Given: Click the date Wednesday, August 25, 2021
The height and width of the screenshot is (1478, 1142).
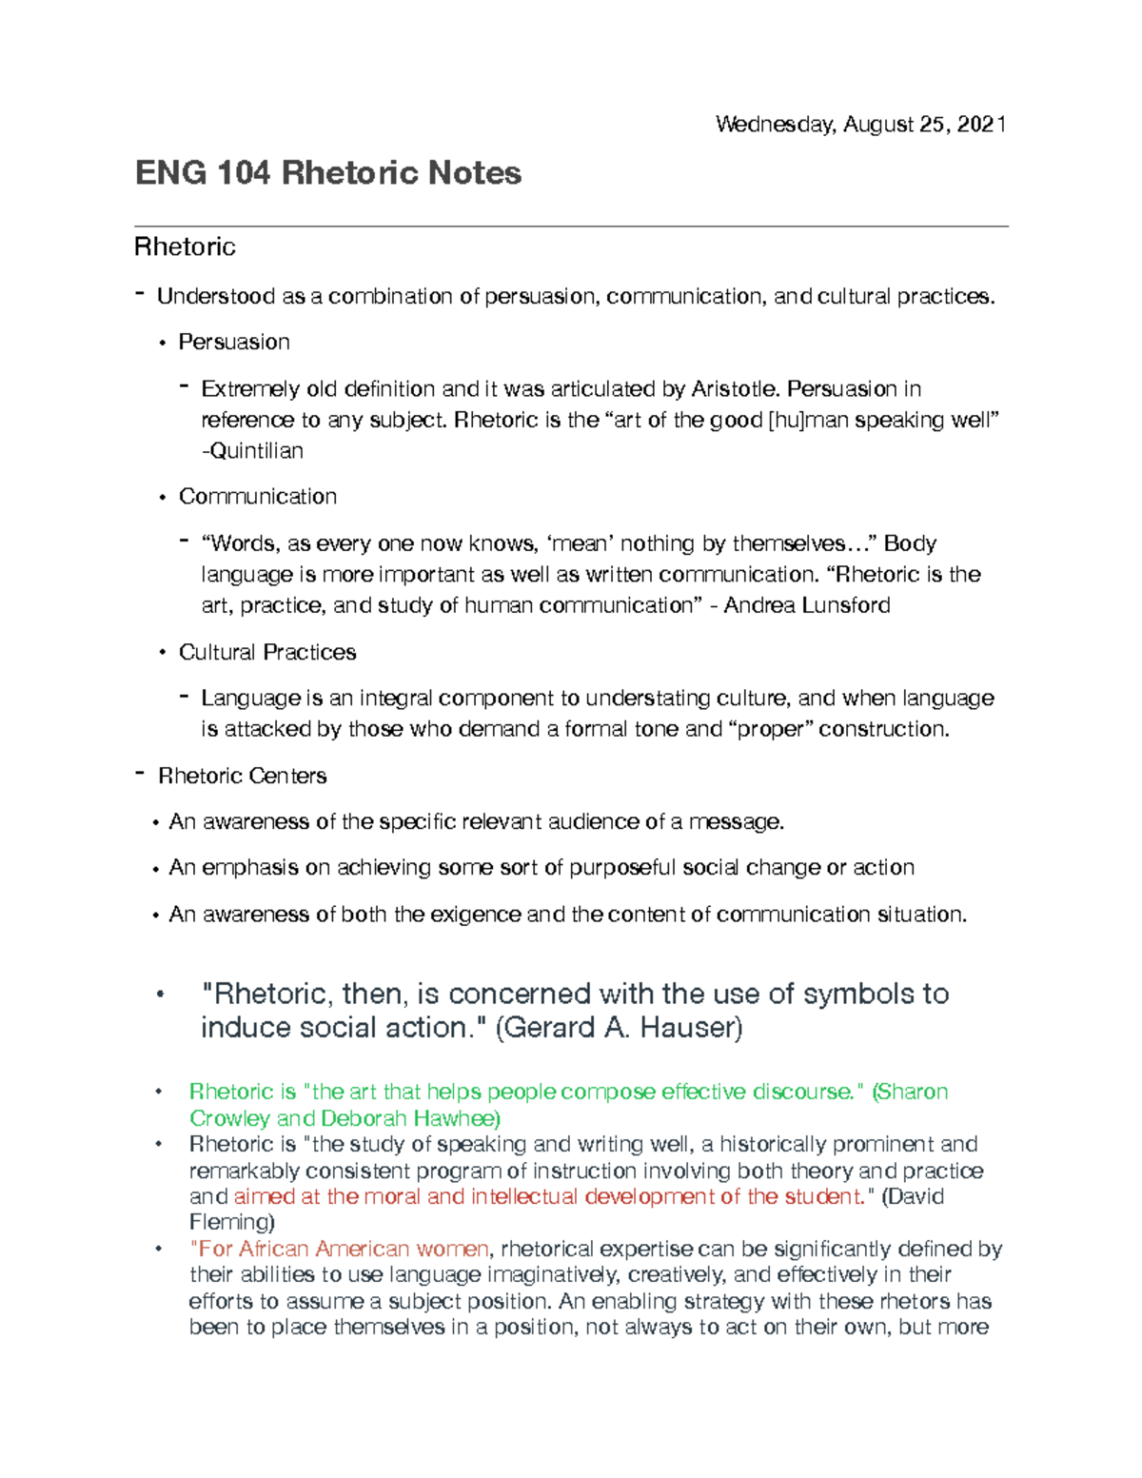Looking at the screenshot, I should (x=860, y=125).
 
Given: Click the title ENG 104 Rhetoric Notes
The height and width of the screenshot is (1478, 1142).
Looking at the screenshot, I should (x=328, y=173).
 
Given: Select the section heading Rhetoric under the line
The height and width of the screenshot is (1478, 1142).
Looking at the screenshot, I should (x=185, y=247).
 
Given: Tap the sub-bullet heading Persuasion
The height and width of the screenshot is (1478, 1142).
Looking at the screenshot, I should (x=234, y=343).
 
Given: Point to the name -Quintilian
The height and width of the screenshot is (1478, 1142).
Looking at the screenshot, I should (x=252, y=451).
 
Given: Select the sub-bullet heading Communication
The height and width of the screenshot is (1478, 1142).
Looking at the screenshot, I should (x=258, y=497).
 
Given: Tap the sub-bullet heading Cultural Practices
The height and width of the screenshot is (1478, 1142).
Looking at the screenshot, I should (x=267, y=653).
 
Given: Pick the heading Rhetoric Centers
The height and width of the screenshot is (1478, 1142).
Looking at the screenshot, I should (x=242, y=777).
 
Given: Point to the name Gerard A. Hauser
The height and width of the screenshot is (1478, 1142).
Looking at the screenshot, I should (x=620, y=1029).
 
